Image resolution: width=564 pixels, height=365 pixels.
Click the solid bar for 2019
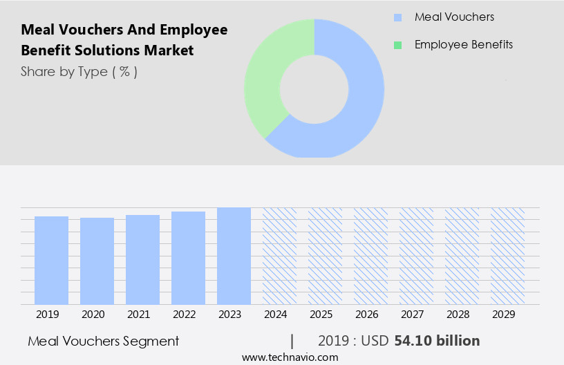(x=51, y=260)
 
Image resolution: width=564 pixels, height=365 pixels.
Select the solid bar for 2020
(x=97, y=261)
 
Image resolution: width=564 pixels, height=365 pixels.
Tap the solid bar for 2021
(x=142, y=259)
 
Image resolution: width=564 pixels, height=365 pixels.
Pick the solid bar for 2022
(x=188, y=258)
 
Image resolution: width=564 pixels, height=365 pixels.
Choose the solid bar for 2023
(x=234, y=256)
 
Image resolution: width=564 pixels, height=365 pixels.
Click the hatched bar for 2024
(x=279, y=256)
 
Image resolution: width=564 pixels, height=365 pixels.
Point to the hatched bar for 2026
(x=370, y=256)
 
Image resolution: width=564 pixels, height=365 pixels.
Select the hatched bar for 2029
(x=507, y=256)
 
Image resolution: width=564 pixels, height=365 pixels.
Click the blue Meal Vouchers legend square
(x=397, y=17)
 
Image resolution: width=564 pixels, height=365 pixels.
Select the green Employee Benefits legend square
(x=397, y=45)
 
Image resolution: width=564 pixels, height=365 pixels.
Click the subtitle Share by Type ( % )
(x=79, y=71)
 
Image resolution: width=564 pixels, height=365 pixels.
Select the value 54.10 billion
(x=437, y=341)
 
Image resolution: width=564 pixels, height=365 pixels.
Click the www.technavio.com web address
(x=290, y=357)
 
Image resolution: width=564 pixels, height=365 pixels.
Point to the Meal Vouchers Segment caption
(x=104, y=341)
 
